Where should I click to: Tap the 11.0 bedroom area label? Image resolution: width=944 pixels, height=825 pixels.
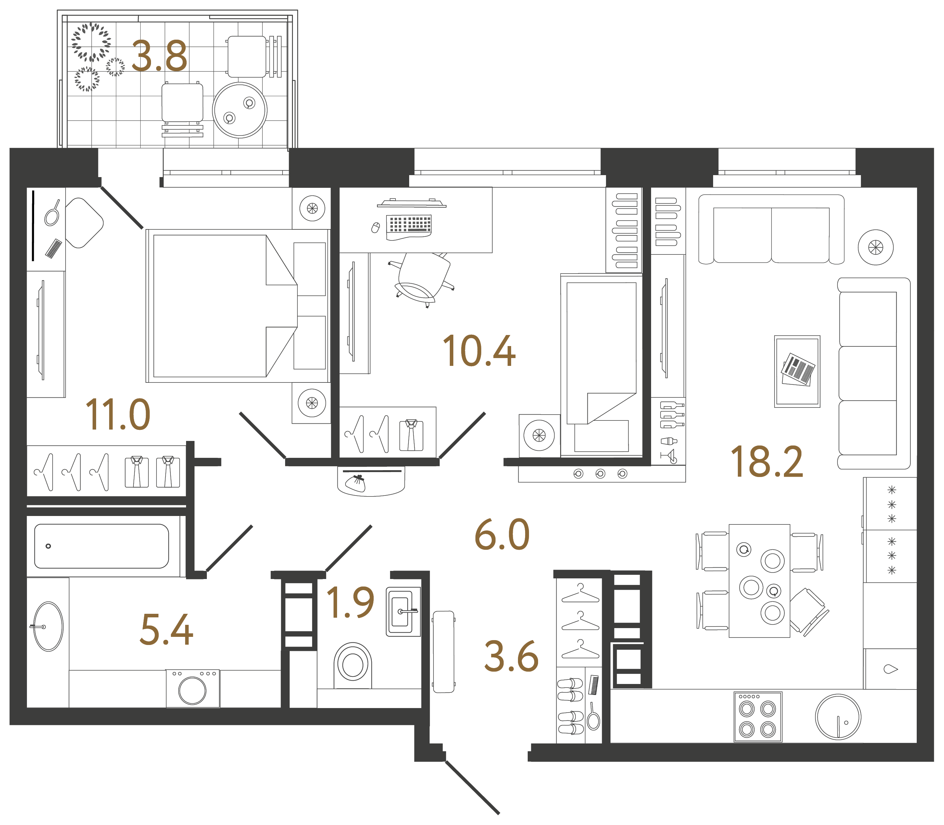pos(118,415)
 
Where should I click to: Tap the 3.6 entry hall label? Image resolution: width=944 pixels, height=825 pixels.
pos(511,656)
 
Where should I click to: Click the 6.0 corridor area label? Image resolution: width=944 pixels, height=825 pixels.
pos(502,535)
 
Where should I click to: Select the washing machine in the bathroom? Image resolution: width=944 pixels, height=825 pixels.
pos(193,689)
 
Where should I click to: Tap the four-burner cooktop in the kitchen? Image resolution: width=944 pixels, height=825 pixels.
pos(757,717)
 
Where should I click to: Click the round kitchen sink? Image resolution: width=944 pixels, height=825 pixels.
pos(838,717)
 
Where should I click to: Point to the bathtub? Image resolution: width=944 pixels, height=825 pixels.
pos(101,546)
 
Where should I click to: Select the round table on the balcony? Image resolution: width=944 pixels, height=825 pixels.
pos(239,110)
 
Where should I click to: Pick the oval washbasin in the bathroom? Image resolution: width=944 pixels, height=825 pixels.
pos(48,626)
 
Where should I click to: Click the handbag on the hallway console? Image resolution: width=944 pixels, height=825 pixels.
pos(356,483)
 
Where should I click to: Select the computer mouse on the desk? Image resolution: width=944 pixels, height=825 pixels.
pos(375,227)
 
